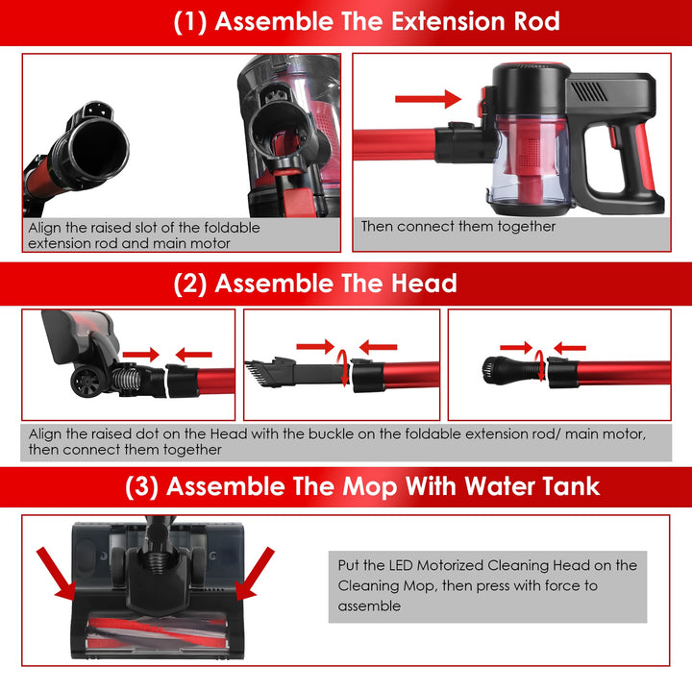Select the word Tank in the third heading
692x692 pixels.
[562, 485]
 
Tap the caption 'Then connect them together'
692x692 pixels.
[458, 227]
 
